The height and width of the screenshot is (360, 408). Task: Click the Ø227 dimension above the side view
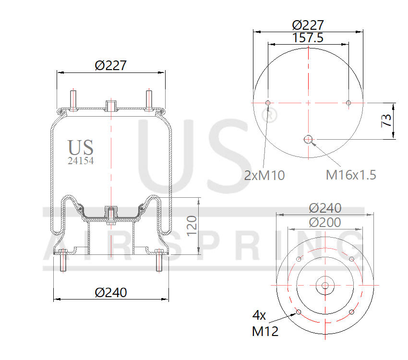111,65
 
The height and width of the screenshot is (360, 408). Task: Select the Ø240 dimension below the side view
111,292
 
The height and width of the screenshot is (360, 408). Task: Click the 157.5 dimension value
308,38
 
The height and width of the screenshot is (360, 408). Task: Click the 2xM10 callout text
264,176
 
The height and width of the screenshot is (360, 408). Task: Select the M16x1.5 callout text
351,175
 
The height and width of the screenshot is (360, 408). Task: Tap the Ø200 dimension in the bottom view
325,222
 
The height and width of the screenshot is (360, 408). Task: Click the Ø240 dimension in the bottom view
325,208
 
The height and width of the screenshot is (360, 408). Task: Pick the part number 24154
81,162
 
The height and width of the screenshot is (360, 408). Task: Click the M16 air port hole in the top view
308,140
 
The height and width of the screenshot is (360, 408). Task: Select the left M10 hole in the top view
268,103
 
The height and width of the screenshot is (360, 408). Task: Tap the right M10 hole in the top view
348,103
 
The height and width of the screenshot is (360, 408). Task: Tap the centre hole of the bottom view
325,286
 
